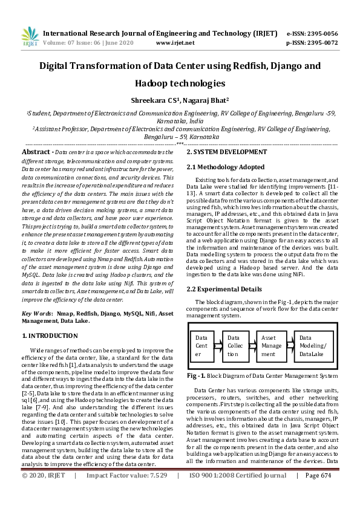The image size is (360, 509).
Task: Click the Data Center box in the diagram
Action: pos(201,346)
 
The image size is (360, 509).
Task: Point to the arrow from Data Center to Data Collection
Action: pos(217,346)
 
